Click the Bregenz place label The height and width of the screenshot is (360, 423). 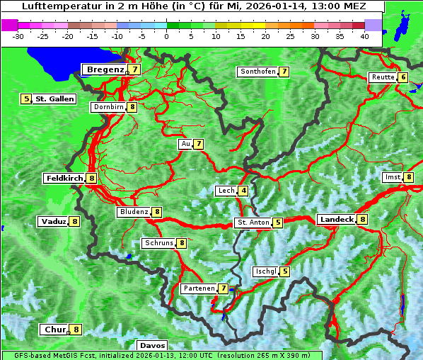[105, 69]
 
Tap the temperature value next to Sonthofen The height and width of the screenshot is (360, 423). [284, 72]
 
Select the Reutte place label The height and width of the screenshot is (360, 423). [382, 77]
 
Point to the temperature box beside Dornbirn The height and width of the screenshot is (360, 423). [132, 107]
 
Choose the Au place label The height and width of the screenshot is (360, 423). [185, 144]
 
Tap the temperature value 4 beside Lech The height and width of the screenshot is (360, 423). [243, 191]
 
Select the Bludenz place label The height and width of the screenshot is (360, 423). [134, 212]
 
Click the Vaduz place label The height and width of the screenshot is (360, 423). [53, 221]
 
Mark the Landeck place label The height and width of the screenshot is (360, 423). [336, 220]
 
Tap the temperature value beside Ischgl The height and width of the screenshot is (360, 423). [284, 271]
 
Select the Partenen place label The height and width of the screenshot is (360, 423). [198, 288]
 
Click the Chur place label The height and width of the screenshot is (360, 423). [54, 330]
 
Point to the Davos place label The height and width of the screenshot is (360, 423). [152, 345]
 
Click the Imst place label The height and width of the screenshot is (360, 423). [392, 177]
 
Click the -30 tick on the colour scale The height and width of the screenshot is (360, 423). [18, 35]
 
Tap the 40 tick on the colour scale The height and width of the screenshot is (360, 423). [364, 35]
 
